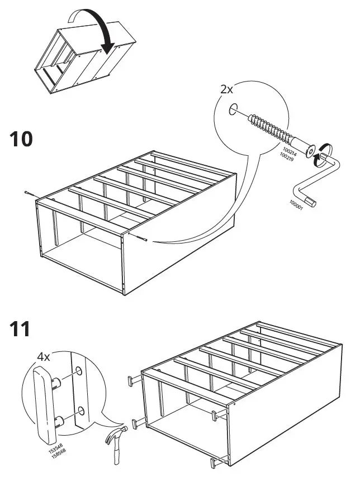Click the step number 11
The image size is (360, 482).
click(21, 329)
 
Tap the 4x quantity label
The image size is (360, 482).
click(43, 356)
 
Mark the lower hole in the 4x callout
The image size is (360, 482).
click(81, 412)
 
